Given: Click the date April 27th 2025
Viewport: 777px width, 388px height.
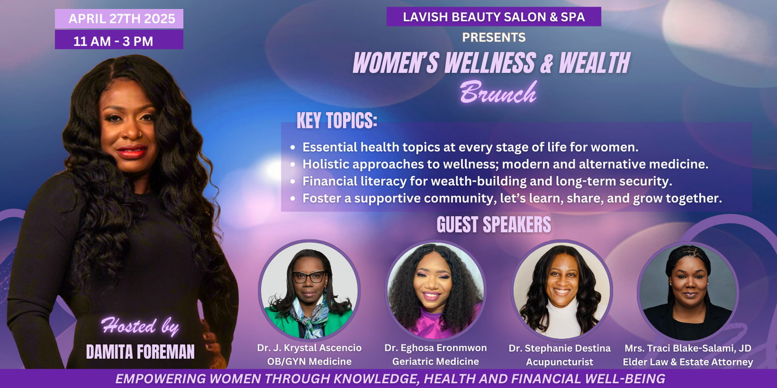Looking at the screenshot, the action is [122, 19].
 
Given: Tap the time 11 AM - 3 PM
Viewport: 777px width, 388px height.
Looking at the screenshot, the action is [113, 41].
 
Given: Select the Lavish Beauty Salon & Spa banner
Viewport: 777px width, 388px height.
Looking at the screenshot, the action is [494, 17].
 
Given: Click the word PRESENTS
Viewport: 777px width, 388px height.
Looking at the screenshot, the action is [494, 37].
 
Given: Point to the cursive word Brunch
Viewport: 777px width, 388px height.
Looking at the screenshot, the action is [498, 92].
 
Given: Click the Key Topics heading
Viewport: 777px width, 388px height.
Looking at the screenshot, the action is [337, 121].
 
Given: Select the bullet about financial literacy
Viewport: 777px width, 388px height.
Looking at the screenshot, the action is [487, 181].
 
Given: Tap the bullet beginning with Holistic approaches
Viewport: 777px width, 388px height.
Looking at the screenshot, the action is [505, 164].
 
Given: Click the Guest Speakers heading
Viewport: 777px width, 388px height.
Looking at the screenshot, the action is [494, 225].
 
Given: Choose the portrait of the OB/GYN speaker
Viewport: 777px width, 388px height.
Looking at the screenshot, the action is [309, 290].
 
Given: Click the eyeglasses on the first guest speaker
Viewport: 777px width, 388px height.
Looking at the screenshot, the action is [308, 276].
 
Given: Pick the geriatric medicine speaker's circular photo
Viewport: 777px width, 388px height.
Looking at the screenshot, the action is [435, 290].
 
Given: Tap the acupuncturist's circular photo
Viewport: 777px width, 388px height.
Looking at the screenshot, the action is [561, 290].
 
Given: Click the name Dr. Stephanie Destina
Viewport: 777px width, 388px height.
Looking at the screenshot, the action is [559, 348].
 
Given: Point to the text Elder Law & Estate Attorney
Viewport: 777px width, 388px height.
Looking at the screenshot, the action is [688, 362].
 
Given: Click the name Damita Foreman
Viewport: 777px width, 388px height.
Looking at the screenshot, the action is [140, 352].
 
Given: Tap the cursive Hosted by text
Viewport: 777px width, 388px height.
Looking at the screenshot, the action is [140, 326].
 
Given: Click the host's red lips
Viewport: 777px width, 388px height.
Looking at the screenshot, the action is [132, 152].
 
